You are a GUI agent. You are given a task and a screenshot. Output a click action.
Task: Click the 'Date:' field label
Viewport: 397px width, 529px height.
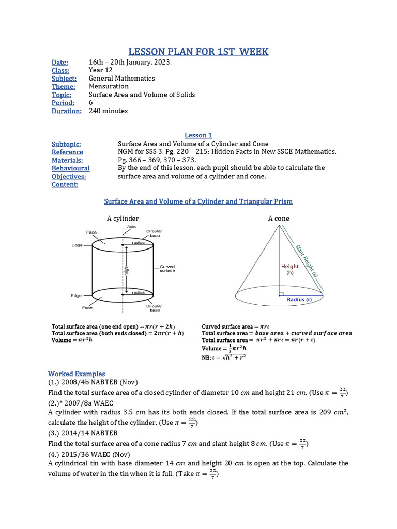point(60,63)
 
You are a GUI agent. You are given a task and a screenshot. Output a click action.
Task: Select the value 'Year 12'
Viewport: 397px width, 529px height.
point(101,70)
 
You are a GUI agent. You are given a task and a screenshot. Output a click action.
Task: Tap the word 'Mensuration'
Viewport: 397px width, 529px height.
point(109,86)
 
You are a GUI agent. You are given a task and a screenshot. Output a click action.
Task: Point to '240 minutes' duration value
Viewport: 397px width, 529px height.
point(108,111)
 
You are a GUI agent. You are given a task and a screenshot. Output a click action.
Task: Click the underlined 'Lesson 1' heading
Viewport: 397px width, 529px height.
point(198,135)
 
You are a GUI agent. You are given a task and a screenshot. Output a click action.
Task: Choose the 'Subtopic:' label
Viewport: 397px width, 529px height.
point(66,144)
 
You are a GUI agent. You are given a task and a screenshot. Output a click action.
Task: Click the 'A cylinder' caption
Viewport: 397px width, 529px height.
point(123,219)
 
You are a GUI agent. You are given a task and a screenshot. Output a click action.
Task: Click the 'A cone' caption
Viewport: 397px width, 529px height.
point(279,219)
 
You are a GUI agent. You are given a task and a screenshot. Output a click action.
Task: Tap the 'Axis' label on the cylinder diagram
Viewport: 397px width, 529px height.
point(131,227)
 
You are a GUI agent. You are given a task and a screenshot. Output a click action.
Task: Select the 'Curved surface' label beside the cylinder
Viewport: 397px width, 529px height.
point(166,269)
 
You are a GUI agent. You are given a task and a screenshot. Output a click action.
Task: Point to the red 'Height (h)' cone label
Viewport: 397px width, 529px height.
point(290,270)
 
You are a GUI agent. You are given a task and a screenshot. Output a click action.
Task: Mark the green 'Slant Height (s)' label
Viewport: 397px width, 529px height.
point(307,261)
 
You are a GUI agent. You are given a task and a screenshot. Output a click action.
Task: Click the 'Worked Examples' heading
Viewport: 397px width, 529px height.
point(77,374)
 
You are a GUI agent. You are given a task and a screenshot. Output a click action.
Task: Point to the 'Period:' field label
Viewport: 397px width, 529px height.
point(63,102)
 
